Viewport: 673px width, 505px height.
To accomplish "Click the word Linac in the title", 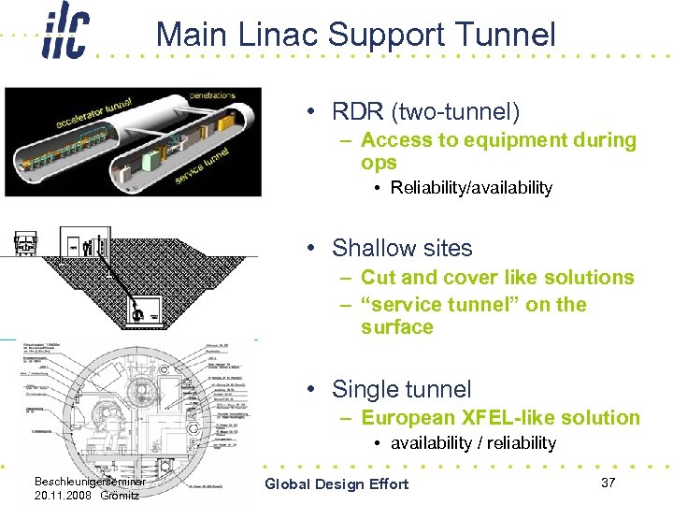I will (x=281, y=35).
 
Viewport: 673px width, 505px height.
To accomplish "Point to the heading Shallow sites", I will (x=402, y=248).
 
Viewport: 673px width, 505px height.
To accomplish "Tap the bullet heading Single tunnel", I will (x=402, y=389).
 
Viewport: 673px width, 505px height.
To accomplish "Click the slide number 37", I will (x=609, y=482).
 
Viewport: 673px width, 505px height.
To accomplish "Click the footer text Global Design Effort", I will (x=336, y=483).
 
